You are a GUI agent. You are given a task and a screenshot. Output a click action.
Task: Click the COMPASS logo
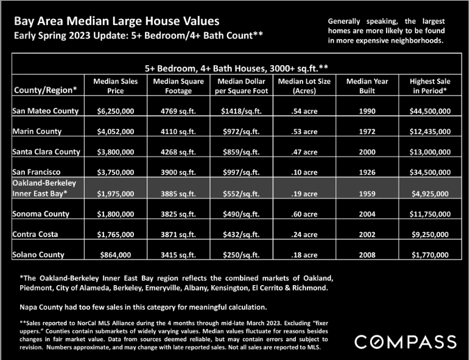405,342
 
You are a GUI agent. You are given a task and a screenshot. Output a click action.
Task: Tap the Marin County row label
37,132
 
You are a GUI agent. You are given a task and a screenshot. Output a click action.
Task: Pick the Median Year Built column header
367,86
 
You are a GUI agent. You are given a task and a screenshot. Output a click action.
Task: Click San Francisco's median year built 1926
367,172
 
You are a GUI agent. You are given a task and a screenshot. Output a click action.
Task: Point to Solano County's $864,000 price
116,255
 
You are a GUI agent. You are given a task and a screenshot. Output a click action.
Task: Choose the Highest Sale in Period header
430,86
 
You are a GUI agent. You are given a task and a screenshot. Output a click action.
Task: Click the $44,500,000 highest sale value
430,111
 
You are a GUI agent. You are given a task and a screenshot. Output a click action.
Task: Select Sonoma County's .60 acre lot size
304,214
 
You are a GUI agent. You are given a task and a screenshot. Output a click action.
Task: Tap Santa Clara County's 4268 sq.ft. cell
178,152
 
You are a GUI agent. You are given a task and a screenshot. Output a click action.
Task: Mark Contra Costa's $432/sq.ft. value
241,235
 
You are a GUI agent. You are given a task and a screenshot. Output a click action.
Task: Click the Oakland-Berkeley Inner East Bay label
44,188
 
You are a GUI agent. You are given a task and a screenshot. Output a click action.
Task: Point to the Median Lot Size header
304,86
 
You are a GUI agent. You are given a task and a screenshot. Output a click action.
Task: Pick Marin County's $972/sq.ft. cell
241,132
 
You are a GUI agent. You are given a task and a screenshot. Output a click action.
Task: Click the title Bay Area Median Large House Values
117,21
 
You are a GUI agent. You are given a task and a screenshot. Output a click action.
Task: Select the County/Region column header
46,90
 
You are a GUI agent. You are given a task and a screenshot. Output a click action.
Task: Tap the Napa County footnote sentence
143,307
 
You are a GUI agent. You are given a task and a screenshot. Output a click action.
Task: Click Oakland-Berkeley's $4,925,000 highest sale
430,194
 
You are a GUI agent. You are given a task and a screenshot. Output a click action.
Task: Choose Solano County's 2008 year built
367,255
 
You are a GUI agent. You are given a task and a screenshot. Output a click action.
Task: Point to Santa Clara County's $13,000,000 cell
430,152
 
